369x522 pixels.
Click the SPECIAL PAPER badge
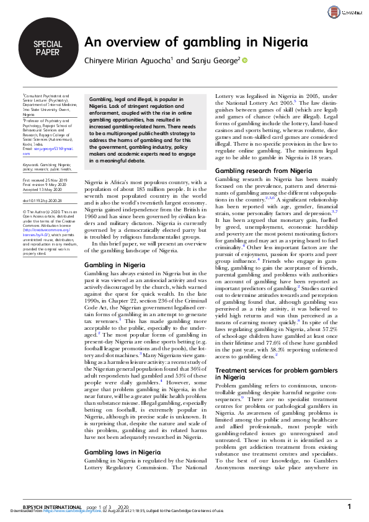point(48,48)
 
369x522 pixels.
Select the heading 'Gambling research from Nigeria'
point(263,170)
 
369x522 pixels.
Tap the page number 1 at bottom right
point(349,507)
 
